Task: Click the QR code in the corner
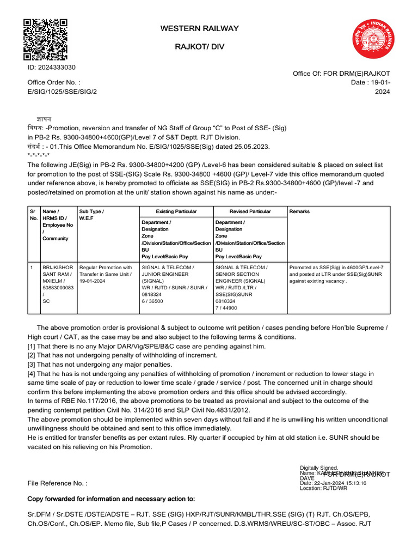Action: (45, 39)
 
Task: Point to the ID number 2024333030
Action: (52, 68)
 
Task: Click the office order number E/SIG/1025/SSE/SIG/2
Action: (62, 92)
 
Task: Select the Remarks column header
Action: (301, 211)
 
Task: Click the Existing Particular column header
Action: (176, 211)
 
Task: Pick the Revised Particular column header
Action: (250, 211)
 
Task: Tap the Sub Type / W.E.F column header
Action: (91, 215)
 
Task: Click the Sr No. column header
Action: (34, 215)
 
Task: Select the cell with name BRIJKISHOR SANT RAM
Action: (58, 284)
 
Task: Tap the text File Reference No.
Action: (57, 483)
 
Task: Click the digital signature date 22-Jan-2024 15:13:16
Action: (333, 483)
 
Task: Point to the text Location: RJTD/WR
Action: (323, 488)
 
